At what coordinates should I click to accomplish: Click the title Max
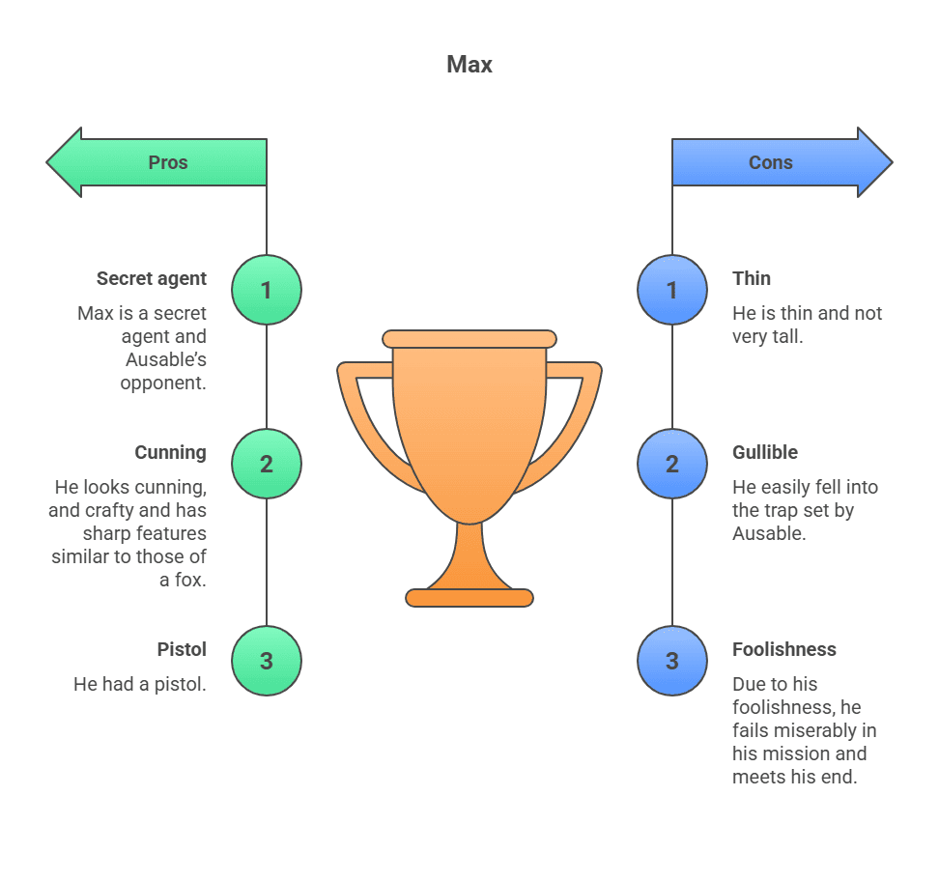469,65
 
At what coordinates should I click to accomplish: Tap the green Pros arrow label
167,162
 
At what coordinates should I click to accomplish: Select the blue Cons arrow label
771,162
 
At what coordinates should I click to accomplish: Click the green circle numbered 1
267,290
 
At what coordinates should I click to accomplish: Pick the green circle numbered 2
267,464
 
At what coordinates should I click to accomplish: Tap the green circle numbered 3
267,661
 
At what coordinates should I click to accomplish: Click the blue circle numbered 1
672,290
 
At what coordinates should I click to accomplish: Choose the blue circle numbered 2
672,464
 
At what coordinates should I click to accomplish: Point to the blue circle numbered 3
672,661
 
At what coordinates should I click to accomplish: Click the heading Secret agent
152,278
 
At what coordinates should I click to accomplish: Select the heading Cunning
170,452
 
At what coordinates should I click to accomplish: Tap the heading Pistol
182,649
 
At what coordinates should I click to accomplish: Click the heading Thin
752,278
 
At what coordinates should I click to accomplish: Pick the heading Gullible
765,452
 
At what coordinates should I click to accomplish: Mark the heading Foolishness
784,649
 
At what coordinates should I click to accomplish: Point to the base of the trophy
469,597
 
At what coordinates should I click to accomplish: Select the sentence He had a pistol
140,684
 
